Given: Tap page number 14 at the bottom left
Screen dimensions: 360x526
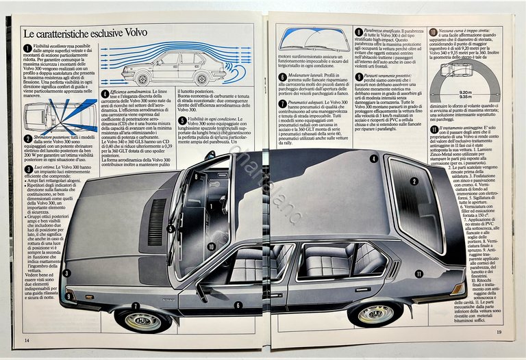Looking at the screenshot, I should click(x=27, y=340).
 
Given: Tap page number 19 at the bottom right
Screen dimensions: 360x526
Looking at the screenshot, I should click(x=500, y=333).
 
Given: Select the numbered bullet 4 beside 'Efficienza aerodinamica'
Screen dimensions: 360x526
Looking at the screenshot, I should click(x=104, y=93).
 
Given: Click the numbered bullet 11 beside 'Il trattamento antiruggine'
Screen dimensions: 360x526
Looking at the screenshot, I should click(x=434, y=129).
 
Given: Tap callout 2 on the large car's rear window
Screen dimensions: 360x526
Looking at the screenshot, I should click(x=414, y=181).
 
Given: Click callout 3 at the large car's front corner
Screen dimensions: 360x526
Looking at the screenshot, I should click(x=66, y=273).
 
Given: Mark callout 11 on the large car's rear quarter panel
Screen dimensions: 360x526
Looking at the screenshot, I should click(x=418, y=273).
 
